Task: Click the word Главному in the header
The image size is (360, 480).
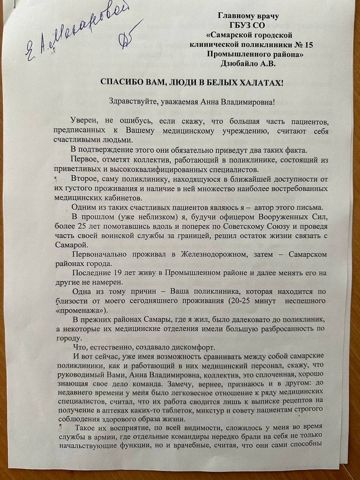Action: click(235, 16)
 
